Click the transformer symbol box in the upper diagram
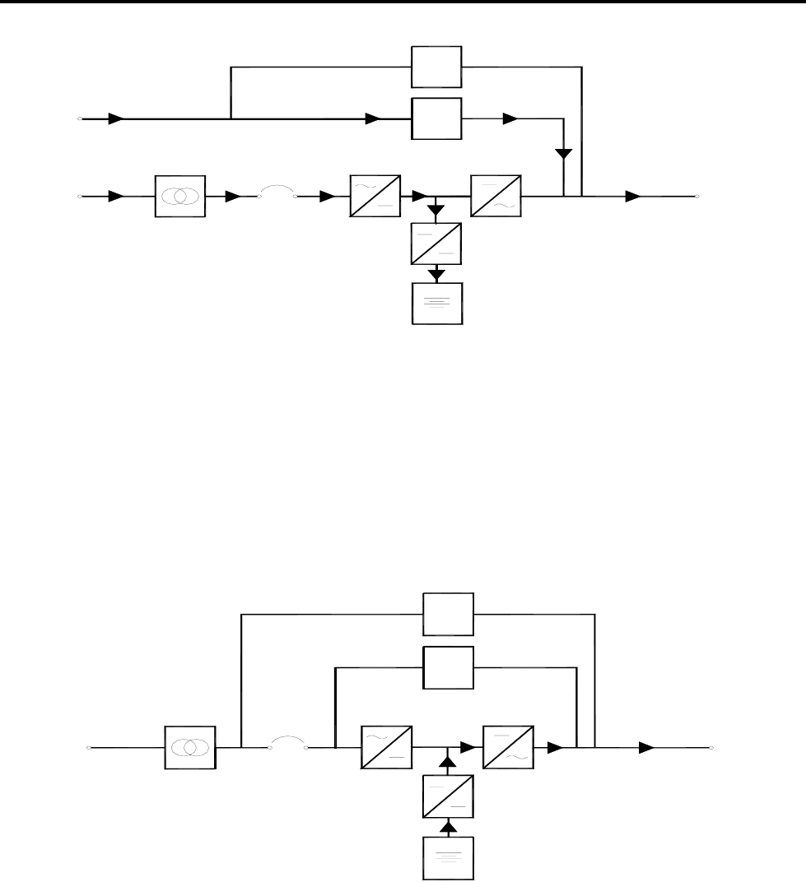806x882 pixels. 179,197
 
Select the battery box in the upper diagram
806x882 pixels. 437,303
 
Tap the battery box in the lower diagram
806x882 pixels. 449,856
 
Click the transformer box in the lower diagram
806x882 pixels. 190,747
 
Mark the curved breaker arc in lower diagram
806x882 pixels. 288,742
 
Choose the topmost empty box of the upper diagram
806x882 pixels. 437,67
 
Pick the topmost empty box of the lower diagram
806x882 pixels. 449,614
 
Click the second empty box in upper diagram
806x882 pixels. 437,119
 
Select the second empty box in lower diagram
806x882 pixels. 449,666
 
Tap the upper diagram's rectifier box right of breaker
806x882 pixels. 375,196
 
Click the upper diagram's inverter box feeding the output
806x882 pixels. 496,196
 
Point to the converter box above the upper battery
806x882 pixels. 437,244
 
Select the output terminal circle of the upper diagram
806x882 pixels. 697,197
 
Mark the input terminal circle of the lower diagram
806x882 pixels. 90,748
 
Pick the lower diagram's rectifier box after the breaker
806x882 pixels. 387,747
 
